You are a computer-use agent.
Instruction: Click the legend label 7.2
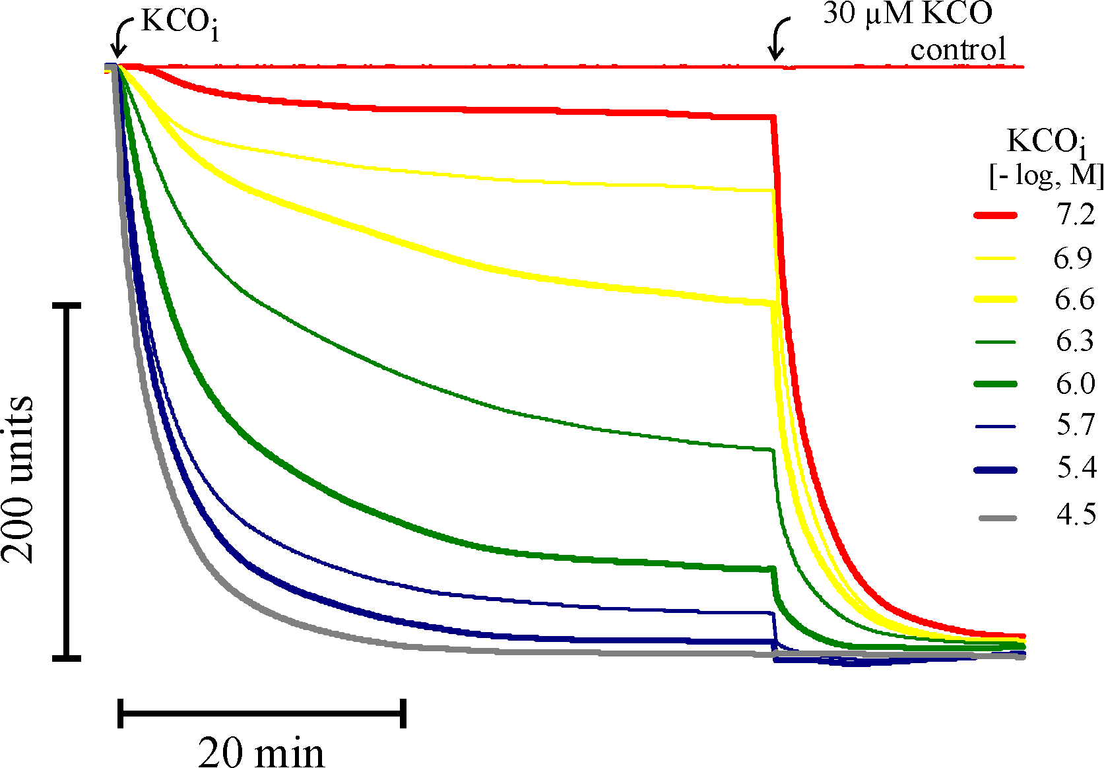click(1075, 215)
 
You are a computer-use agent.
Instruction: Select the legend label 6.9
click(1073, 258)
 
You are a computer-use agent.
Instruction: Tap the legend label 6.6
click(1074, 300)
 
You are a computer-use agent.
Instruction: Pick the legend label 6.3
click(1074, 341)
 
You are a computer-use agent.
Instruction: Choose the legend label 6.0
click(1075, 383)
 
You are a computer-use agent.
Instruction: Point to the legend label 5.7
click(1075, 426)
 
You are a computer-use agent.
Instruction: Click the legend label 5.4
click(1076, 468)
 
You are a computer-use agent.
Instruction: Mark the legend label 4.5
click(1076, 515)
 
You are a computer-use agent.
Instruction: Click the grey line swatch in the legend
click(997, 518)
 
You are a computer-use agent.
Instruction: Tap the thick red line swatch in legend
click(995, 215)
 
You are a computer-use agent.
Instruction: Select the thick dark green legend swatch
click(995, 384)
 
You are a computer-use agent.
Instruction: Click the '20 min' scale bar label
click(261, 751)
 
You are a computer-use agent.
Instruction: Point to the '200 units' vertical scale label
click(18, 480)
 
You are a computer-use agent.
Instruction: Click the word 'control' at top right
click(958, 50)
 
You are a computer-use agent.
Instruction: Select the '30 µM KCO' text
click(907, 15)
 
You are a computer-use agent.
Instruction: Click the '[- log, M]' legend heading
click(1047, 176)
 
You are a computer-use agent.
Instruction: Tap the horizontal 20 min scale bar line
click(262, 713)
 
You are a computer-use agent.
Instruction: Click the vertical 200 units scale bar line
click(67, 482)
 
